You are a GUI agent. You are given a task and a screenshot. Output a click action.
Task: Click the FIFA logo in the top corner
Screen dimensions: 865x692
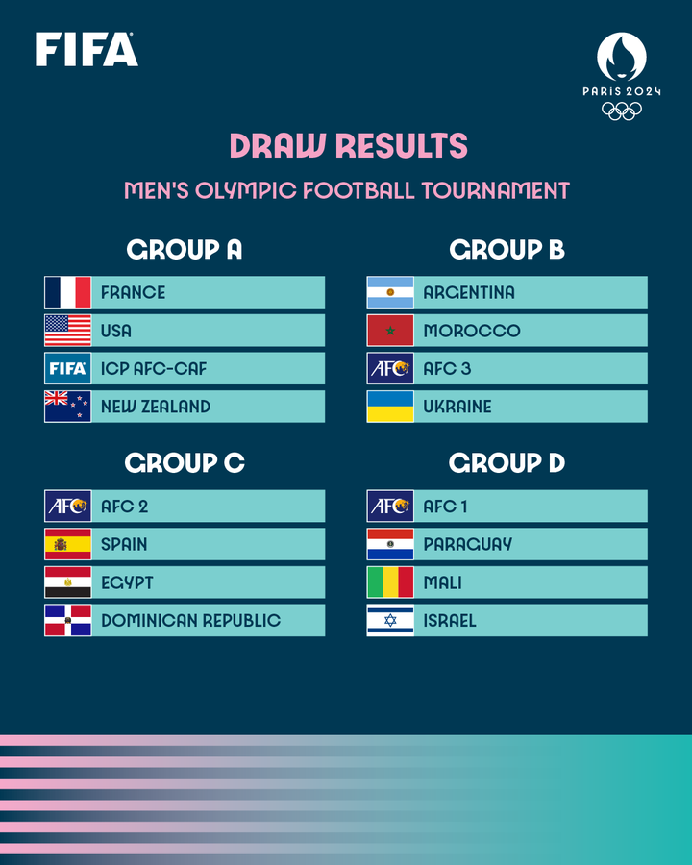(86, 49)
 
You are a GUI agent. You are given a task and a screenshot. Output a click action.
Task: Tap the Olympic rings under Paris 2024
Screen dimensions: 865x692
(622, 111)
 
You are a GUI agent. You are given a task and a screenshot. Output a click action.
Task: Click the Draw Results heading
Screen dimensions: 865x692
(348, 146)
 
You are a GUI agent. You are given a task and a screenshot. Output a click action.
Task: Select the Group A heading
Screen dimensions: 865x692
(185, 250)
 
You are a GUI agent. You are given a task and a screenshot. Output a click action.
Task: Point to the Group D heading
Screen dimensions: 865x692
(507, 463)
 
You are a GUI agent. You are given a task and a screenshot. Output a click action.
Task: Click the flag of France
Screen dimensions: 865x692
(68, 292)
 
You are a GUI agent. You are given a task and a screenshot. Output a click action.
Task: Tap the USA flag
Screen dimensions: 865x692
(68, 331)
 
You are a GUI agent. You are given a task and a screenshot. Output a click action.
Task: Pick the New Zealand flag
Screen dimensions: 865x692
(68, 407)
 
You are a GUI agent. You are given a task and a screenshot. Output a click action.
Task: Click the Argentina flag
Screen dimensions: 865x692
(390, 292)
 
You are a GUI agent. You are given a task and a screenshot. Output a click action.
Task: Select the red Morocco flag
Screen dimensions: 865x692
(390, 331)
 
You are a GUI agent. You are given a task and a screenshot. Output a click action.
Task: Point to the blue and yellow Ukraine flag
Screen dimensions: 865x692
(390, 407)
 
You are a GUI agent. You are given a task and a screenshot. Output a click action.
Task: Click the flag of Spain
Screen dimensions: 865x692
(68, 544)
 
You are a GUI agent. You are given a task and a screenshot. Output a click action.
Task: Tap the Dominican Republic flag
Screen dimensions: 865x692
(68, 620)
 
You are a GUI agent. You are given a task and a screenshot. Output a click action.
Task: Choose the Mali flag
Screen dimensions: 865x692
(390, 582)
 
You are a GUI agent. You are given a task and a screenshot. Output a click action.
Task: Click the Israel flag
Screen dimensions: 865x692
(390, 620)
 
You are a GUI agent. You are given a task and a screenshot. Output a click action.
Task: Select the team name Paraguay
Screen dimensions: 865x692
(468, 544)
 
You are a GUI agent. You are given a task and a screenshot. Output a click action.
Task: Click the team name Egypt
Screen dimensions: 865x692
(127, 582)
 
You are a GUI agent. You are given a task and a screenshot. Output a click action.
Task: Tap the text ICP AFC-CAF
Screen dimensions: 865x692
(154, 368)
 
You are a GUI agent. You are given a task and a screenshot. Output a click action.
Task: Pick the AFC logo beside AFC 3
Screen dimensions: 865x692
(390, 368)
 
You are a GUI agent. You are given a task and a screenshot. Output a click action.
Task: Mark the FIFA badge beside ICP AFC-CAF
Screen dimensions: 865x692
(68, 368)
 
